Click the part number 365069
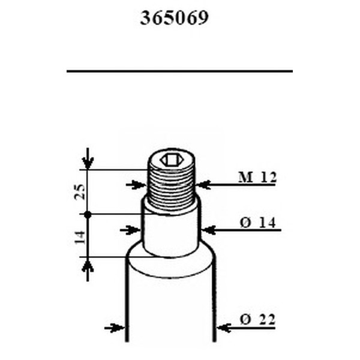pos(175,19)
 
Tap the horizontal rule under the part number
pos(179,71)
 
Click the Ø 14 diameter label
pos(257,223)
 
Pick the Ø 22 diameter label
pos(257,321)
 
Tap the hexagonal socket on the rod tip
pos(171,160)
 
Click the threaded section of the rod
pos(171,186)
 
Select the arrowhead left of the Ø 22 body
pos(119,328)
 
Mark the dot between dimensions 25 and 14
pos(88,214)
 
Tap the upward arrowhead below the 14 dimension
pos(88,265)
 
